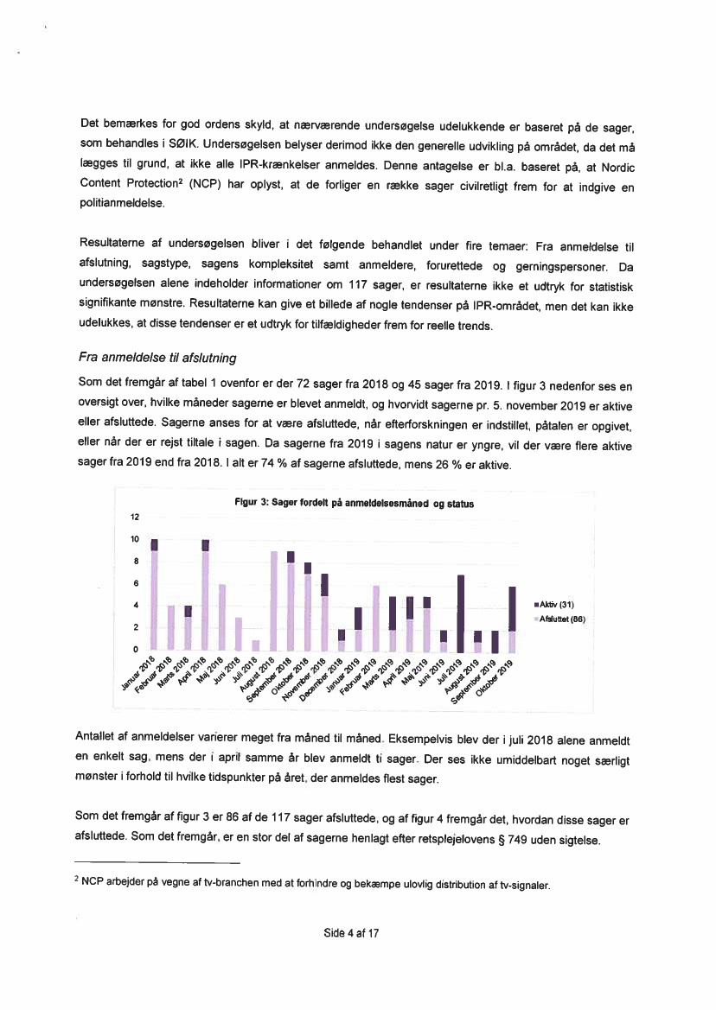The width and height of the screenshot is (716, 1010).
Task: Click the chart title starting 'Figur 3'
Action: click(355, 503)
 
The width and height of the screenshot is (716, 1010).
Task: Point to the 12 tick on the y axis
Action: click(134, 518)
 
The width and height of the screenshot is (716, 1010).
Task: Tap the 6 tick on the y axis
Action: click(135, 583)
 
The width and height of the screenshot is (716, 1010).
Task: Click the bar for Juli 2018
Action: click(256, 645)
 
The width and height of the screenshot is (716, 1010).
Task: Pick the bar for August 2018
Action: click(273, 600)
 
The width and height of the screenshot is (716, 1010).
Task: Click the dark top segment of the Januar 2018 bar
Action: click(155, 545)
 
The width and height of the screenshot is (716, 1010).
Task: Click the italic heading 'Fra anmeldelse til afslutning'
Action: click(157, 358)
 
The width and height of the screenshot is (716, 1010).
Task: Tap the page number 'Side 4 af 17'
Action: click(353, 933)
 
